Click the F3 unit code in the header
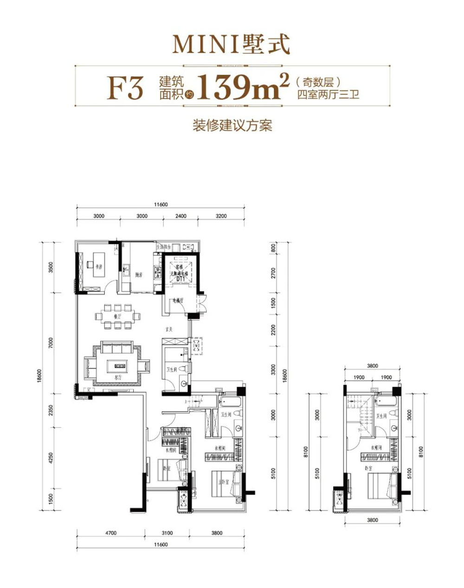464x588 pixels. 125,88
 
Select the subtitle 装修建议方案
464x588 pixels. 232,126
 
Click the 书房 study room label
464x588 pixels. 98,267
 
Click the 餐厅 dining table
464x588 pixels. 118,316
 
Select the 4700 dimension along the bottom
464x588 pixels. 110,533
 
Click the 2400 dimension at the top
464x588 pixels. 181,216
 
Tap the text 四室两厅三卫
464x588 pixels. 328,95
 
